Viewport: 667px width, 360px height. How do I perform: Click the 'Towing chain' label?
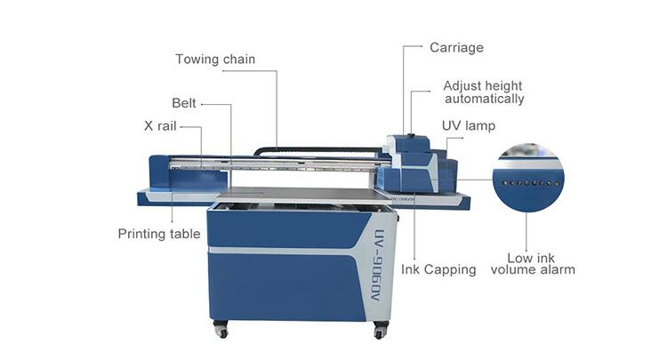215,60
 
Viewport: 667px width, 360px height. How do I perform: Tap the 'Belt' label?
184,103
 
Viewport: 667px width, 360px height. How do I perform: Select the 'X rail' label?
160,126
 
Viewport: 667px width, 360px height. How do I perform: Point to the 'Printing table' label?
159,234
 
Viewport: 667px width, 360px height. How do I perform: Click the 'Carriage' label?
456,47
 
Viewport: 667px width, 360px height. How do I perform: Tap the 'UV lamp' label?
469,126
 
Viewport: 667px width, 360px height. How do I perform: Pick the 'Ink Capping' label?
438,268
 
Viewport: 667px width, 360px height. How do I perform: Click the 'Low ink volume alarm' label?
533,263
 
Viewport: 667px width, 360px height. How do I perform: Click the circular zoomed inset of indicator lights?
530,178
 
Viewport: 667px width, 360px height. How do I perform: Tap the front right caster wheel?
380,331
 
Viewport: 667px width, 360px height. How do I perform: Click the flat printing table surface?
293,193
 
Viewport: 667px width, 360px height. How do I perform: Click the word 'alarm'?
556,269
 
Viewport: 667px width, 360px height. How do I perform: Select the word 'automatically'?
484,99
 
